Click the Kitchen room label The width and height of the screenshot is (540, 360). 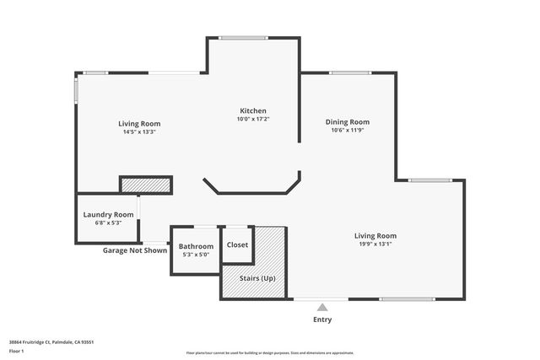[253, 111]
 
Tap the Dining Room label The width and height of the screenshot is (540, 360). [348, 122]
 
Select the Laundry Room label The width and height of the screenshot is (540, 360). [108, 214]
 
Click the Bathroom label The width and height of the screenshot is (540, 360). [196, 246]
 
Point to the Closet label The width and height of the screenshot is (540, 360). [238, 244]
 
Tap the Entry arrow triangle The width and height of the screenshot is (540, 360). [322, 307]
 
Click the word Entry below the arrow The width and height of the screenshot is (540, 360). [322, 320]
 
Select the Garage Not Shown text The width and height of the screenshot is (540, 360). [135, 250]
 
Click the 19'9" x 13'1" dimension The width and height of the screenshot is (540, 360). [375, 244]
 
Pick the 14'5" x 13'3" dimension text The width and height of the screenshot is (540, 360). [139, 132]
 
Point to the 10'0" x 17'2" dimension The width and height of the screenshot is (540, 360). [253, 120]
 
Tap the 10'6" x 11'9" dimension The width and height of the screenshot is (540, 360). [348, 131]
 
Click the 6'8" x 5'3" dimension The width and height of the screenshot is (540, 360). [108, 223]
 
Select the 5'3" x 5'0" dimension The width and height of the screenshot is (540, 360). [196, 255]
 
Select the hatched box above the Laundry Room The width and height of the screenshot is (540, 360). [146, 185]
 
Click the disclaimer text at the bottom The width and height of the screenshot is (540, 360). [270, 353]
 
